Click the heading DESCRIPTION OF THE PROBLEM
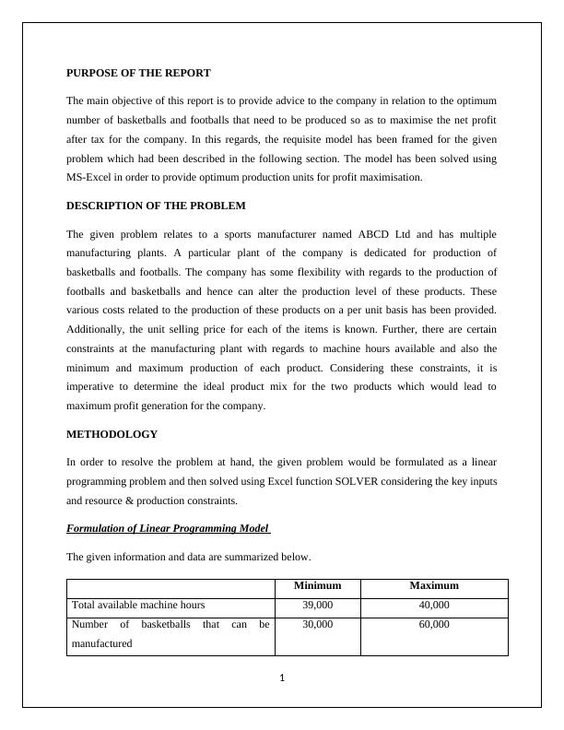point(156,206)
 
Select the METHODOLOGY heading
point(112,433)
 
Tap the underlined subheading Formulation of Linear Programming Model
point(168,528)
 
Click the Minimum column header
point(317,585)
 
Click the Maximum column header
point(434,585)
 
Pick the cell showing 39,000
point(317,605)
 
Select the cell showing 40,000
point(434,605)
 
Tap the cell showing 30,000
point(317,624)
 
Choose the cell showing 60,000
point(434,624)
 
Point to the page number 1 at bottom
point(282,678)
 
